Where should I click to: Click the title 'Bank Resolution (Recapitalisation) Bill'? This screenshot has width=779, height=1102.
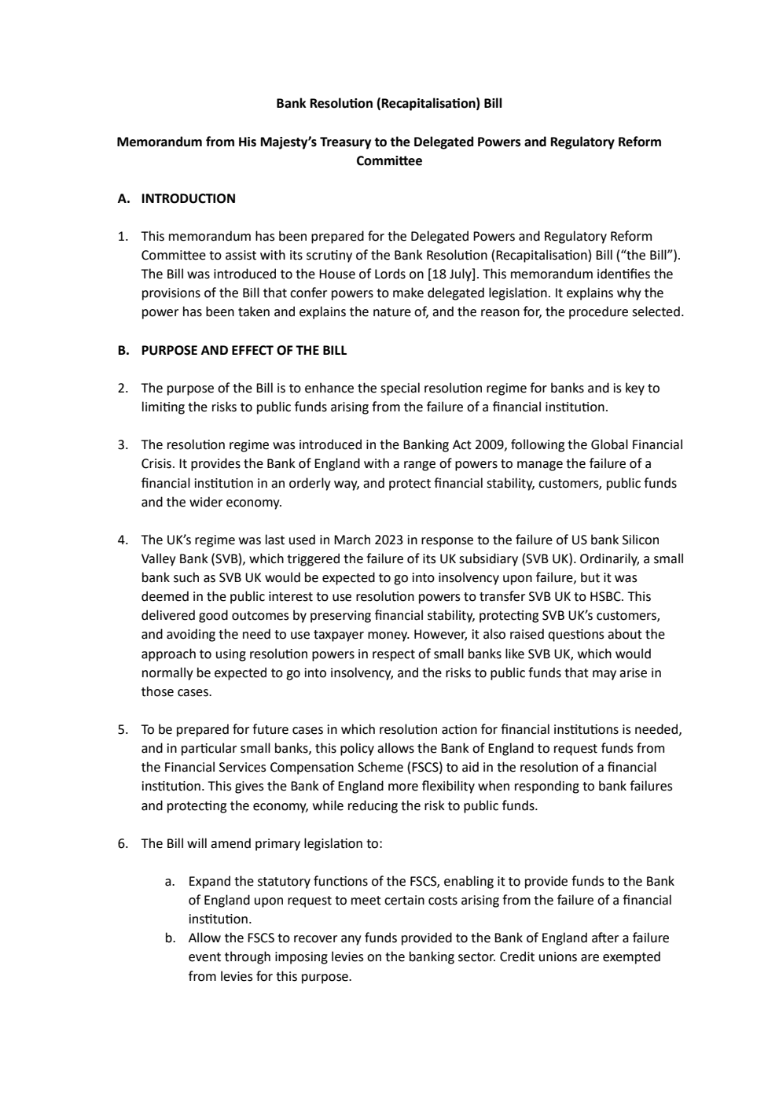click(388, 103)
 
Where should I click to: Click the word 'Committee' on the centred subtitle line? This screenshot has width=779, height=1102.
click(388, 161)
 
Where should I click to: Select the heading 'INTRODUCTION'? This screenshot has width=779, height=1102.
click(188, 199)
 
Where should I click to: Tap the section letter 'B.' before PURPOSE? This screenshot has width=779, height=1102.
click(123, 351)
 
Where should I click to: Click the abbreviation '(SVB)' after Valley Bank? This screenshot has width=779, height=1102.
click(227, 559)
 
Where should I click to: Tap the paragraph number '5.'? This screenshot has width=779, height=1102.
click(123, 730)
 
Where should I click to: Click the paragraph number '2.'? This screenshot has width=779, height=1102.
click(123, 389)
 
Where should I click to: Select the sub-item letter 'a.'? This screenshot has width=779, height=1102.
click(170, 882)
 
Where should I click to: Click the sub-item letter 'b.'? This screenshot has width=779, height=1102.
click(170, 938)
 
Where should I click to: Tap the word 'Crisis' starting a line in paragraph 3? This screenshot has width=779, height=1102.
click(158, 464)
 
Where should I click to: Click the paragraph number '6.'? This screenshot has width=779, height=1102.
click(123, 844)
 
